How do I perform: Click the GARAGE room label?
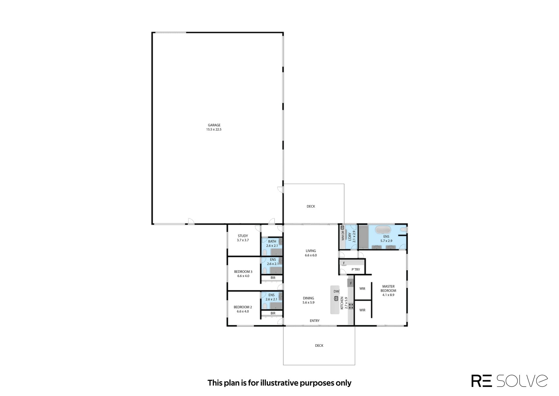coord(214,125)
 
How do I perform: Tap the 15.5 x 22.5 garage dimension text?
coord(214,130)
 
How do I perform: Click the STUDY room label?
coord(243,236)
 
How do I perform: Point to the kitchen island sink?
coord(336,298)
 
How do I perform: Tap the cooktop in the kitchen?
coord(351,306)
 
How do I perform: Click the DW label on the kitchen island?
coord(336,291)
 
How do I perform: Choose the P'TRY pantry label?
coord(356,270)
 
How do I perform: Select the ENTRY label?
coord(315,321)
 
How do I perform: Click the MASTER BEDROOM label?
coord(388,289)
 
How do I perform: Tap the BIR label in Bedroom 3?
coord(273,278)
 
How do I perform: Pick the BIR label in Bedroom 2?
coord(273,313)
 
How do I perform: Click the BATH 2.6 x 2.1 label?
coord(272,243)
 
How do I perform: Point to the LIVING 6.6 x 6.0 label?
coord(311,253)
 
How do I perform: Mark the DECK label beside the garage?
coord(311,206)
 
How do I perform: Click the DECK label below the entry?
coord(319,346)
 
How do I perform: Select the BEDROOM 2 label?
coord(243,307)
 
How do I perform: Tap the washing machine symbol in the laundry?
coord(343,227)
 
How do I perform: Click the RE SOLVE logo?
coord(510,381)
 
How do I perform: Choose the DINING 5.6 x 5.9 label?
coord(309,300)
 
